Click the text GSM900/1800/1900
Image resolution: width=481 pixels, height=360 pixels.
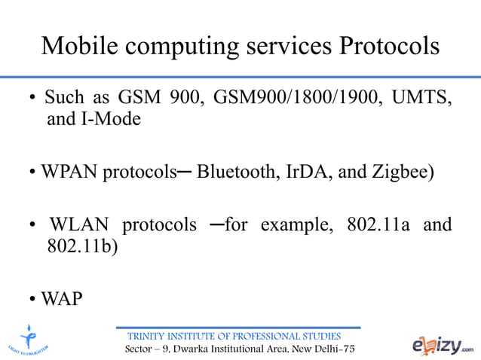[x=298, y=99]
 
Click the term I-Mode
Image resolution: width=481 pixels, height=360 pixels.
[x=105, y=119]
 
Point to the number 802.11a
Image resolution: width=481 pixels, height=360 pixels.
[x=378, y=225]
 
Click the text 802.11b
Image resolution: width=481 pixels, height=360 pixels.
[x=79, y=246]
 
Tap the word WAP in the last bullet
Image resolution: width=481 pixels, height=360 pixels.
[x=62, y=299]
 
